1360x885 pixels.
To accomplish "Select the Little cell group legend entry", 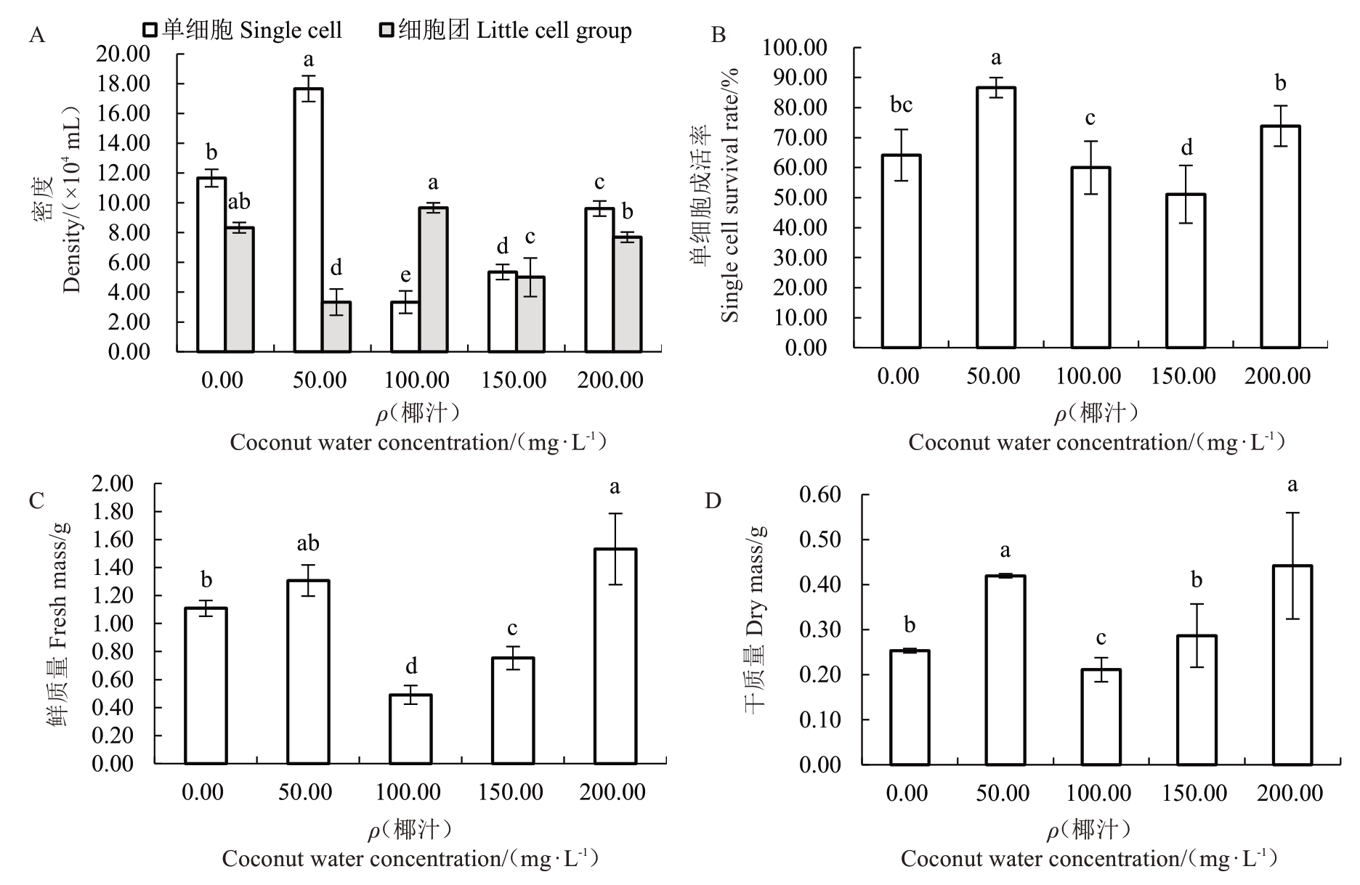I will [x=506, y=30].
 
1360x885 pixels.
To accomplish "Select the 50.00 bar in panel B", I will [x=995, y=217].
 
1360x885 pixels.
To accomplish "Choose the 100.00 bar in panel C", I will [x=410, y=729].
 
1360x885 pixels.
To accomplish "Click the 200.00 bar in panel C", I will [x=615, y=656].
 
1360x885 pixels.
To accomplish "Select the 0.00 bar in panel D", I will [x=910, y=708].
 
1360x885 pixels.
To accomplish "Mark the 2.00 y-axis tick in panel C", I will [x=113, y=484].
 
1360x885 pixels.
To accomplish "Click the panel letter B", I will [x=718, y=35].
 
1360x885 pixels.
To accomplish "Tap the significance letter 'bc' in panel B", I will [x=901, y=105].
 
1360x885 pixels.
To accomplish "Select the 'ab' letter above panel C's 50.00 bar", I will [x=307, y=543].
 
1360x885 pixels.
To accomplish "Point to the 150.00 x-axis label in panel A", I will [x=514, y=380].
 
